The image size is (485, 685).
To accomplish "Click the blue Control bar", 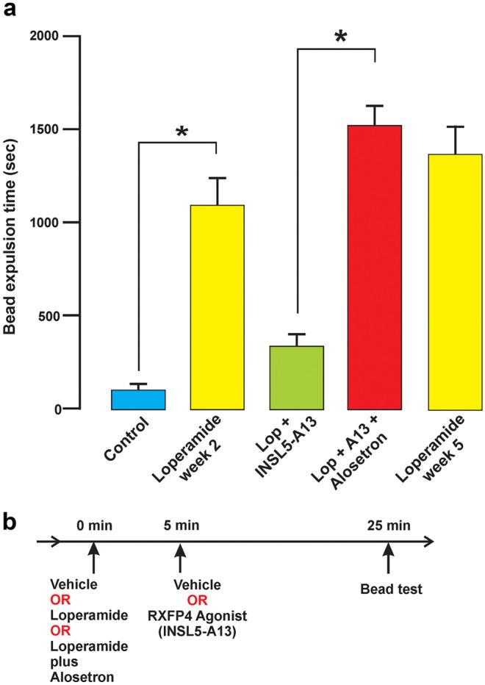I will tap(138, 399).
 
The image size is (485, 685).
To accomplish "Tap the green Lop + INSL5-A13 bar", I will tap(297, 377).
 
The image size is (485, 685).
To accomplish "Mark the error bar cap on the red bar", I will tap(375, 106).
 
